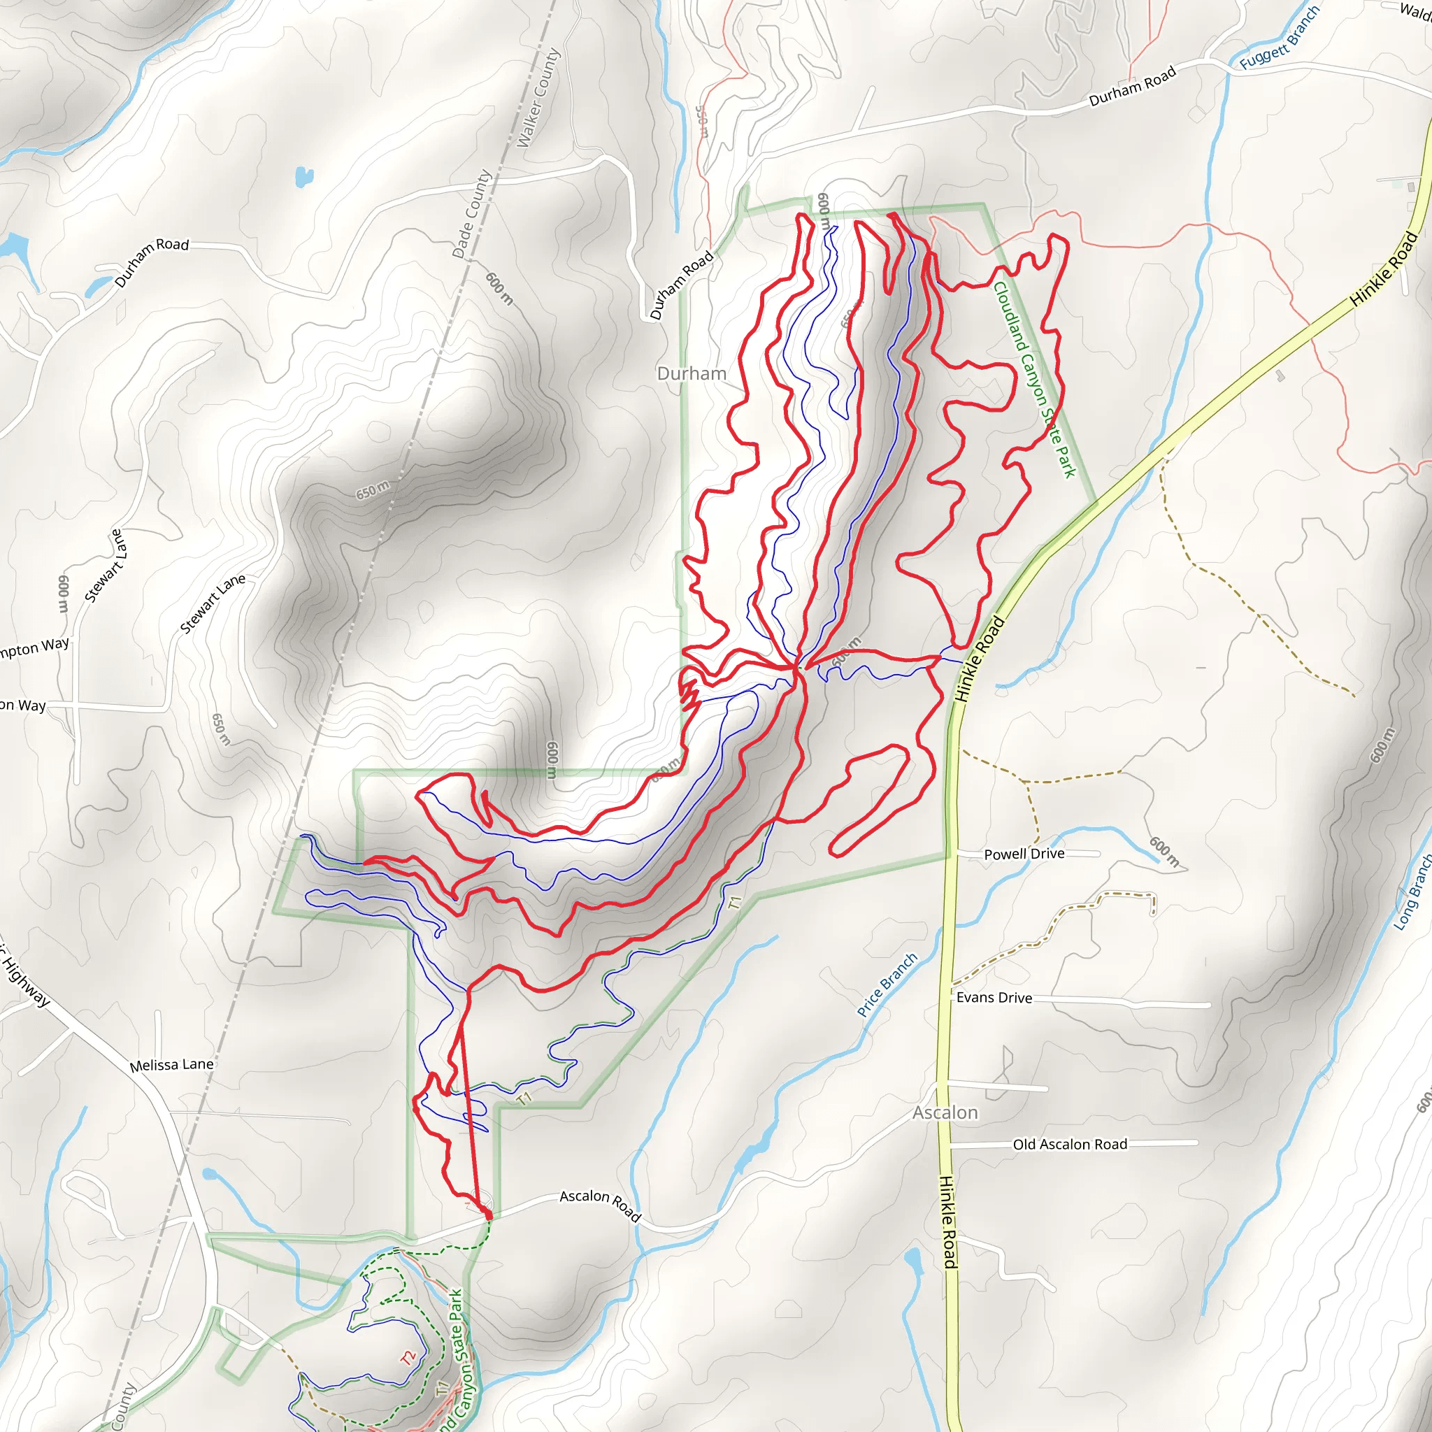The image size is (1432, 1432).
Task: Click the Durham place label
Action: pyautogui.click(x=692, y=373)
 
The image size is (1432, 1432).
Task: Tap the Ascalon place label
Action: pyautogui.click(x=945, y=1112)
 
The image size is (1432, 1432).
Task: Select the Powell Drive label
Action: pyautogui.click(x=1024, y=854)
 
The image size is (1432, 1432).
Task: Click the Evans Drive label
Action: pyautogui.click(x=994, y=998)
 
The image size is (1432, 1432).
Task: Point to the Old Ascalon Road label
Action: pyautogui.click(x=1070, y=1145)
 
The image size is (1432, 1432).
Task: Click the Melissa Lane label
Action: pyautogui.click(x=171, y=1065)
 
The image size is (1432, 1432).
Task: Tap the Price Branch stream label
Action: pyautogui.click(x=887, y=984)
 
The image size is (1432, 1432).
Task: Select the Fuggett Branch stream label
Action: pyautogui.click(x=1280, y=38)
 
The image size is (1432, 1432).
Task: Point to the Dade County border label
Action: pyautogui.click(x=472, y=214)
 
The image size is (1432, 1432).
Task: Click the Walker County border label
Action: pyautogui.click(x=538, y=99)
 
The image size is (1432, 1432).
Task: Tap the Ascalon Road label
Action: pyautogui.click(x=600, y=1205)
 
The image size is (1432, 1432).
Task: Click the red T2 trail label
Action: pyautogui.click(x=408, y=1358)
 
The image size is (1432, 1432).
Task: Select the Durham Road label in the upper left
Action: pyautogui.click(x=152, y=262)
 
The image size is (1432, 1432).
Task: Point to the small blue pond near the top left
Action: pyautogui.click(x=304, y=177)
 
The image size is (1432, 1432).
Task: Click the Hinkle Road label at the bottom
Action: pyautogui.click(x=949, y=1221)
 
